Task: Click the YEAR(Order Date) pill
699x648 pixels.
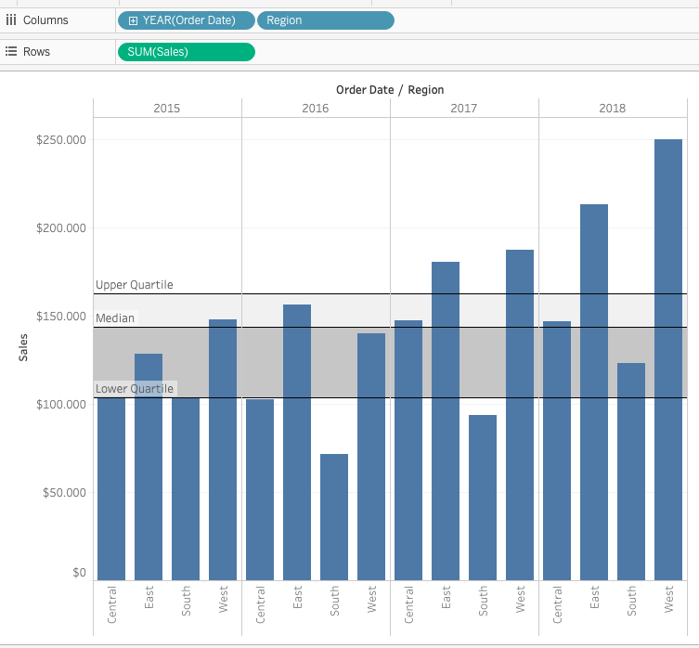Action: click(187, 20)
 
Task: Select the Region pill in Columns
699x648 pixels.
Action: click(326, 20)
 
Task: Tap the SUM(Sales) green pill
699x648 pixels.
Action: click(187, 52)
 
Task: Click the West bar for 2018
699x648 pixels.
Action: click(668, 360)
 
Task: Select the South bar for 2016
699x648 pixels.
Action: click(334, 517)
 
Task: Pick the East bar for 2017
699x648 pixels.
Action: click(446, 421)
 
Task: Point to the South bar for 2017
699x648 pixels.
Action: click(483, 498)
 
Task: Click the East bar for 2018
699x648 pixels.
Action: click(594, 393)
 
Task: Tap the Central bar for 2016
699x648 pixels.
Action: click(260, 489)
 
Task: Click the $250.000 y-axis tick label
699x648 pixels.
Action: click(61, 140)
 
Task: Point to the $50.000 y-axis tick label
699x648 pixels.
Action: click(64, 492)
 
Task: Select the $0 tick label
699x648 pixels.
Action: click(79, 572)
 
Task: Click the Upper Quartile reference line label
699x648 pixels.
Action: click(135, 285)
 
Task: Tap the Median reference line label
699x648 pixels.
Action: click(115, 318)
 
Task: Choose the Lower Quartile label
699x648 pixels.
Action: click(135, 389)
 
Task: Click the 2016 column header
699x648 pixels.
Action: click(316, 109)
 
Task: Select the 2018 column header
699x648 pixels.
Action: click(612, 109)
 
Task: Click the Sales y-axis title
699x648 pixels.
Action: click(23, 347)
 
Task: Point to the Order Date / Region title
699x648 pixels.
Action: click(390, 90)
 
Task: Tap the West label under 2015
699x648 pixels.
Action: click(223, 600)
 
